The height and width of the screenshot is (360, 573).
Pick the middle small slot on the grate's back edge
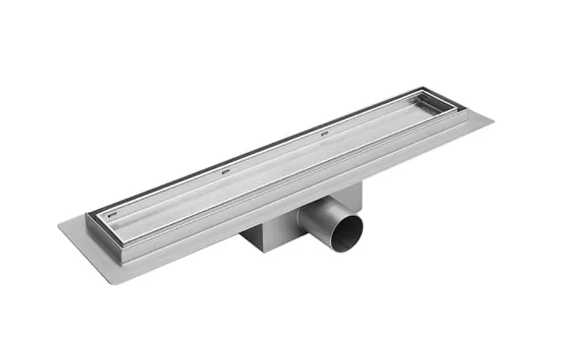[x=226, y=171]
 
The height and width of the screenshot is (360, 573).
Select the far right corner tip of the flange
[x=493, y=119]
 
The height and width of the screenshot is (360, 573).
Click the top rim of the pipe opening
[x=346, y=214]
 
